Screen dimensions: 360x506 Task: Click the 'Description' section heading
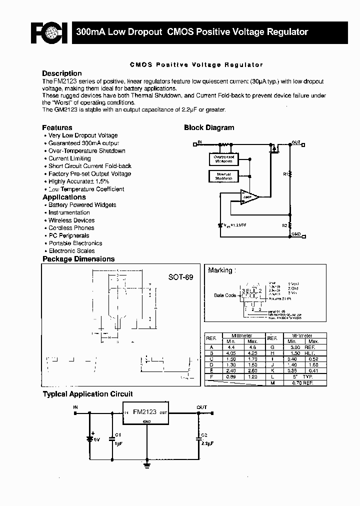coord(61,73)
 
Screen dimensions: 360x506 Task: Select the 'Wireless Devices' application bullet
coord(71,220)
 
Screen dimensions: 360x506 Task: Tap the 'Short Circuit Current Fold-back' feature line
coord(90,166)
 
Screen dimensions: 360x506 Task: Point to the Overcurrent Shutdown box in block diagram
coord(223,159)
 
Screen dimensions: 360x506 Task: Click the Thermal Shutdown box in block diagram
coord(223,176)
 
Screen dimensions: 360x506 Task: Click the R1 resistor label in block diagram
coord(285,174)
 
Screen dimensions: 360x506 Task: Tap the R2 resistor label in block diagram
coord(284,225)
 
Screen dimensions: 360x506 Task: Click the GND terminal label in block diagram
coord(296,234)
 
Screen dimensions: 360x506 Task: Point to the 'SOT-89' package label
coord(180,277)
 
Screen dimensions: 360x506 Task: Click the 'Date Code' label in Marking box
coord(225,295)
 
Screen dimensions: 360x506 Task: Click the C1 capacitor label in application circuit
coord(118,434)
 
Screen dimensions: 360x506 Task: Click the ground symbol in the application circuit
coord(146,465)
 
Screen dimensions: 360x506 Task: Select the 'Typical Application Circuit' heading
coord(87,394)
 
